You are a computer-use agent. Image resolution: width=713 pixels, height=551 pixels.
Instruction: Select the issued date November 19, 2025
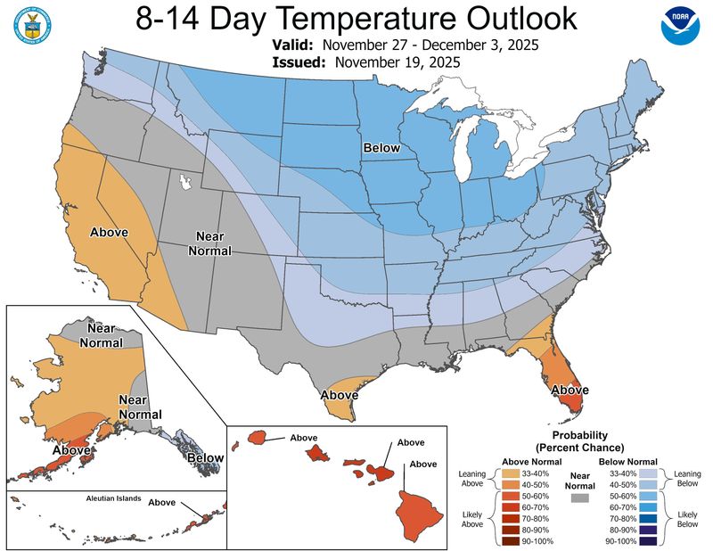pos(397,62)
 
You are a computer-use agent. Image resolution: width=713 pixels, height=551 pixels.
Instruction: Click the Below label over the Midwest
pos(381,148)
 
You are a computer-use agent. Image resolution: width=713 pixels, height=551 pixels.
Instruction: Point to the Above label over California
pos(109,232)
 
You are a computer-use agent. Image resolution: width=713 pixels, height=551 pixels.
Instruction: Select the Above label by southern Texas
pos(339,395)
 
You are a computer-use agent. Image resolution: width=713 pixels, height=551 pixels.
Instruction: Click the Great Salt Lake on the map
pos(185,183)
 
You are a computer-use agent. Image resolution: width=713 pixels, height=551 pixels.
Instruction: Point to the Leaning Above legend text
pos(472,479)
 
